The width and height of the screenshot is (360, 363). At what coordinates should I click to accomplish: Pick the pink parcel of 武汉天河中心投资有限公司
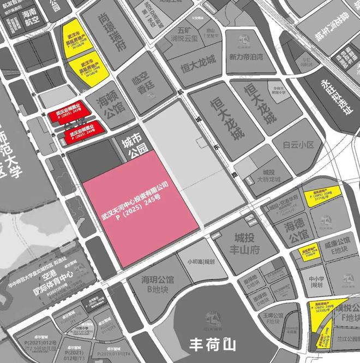pos(139,207)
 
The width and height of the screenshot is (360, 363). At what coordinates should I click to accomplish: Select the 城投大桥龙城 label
pos(268,175)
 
